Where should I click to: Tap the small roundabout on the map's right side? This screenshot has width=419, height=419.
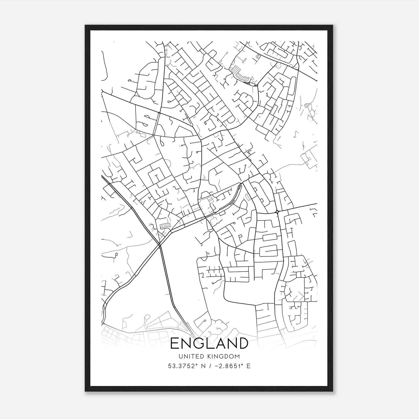[x=277, y=212]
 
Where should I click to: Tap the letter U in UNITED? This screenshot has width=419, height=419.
[x=180, y=356]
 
